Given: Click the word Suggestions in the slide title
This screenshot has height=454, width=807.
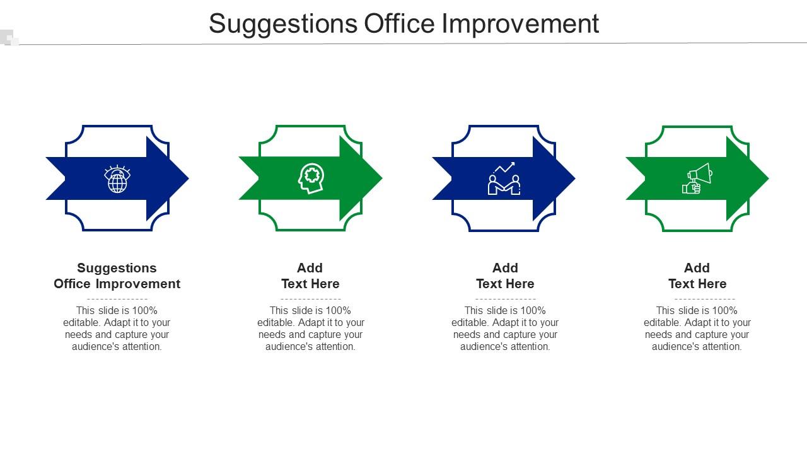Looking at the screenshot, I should click(282, 24).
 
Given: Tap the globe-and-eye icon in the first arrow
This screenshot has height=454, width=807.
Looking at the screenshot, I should click(117, 179).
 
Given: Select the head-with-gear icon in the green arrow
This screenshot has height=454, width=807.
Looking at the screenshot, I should click(311, 178).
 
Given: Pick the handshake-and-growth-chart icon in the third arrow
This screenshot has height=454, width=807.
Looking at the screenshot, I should click(504, 178).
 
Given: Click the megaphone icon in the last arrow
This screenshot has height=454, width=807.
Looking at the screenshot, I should click(697, 178).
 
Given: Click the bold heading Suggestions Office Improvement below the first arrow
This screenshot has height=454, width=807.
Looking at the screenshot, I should click(117, 276).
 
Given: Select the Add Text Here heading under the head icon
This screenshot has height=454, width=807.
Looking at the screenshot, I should click(310, 276).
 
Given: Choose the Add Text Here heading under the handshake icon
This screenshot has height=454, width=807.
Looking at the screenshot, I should click(505, 276).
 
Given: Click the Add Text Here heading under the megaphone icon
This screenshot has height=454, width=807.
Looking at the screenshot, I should click(697, 276).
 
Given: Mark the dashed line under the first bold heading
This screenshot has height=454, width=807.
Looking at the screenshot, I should click(117, 299).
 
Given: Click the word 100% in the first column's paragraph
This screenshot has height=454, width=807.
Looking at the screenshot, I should click(144, 310).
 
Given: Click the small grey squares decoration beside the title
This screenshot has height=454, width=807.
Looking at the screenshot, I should click(10, 38).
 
